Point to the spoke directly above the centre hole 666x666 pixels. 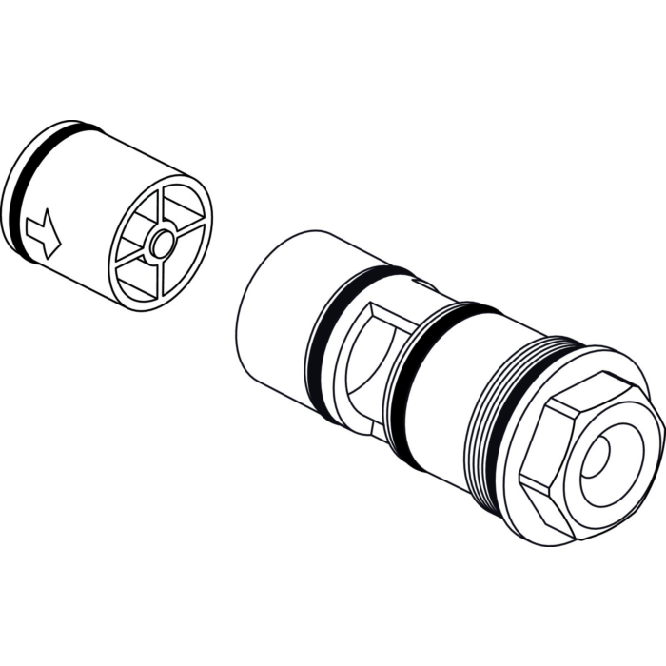165,205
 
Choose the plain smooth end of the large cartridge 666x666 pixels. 271,304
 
